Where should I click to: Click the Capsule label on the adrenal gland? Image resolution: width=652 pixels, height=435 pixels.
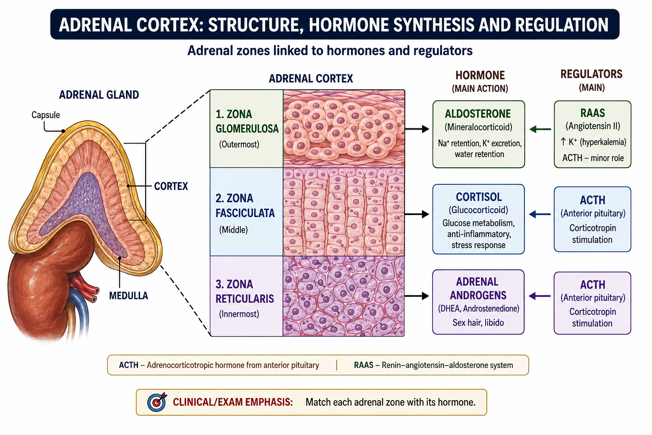(x=46, y=115)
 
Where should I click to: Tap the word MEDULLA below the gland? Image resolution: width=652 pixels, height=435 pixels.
(x=128, y=296)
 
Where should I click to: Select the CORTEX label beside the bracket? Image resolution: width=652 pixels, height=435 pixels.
(x=171, y=186)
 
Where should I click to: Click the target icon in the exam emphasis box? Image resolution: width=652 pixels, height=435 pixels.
(x=157, y=402)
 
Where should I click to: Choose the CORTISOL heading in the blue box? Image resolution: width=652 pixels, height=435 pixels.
(x=478, y=197)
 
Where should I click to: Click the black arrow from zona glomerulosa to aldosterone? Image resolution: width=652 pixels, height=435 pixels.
(x=417, y=129)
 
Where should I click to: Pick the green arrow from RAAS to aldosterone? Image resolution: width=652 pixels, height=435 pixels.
(x=540, y=129)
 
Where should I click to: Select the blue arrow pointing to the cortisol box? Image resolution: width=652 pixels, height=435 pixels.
(x=540, y=215)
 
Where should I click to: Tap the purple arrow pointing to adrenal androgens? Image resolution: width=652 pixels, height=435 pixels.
(x=540, y=297)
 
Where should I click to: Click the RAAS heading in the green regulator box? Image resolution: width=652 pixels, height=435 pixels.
(x=592, y=113)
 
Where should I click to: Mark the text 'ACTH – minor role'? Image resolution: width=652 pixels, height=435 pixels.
(x=593, y=158)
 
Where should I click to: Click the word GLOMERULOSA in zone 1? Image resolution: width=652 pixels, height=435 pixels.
(x=247, y=128)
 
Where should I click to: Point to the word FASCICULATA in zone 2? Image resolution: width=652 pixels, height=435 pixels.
(x=245, y=213)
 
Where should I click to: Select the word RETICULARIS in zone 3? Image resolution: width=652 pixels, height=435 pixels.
(x=244, y=299)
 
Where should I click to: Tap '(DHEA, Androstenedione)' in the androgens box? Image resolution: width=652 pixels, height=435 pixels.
(x=478, y=308)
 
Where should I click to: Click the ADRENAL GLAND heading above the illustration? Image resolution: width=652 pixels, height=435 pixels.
(x=99, y=95)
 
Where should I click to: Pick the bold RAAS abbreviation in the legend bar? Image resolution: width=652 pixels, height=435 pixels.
(x=363, y=365)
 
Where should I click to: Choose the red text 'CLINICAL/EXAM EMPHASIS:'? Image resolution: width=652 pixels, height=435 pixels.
(x=233, y=402)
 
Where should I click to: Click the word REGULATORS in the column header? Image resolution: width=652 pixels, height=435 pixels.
(x=591, y=74)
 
